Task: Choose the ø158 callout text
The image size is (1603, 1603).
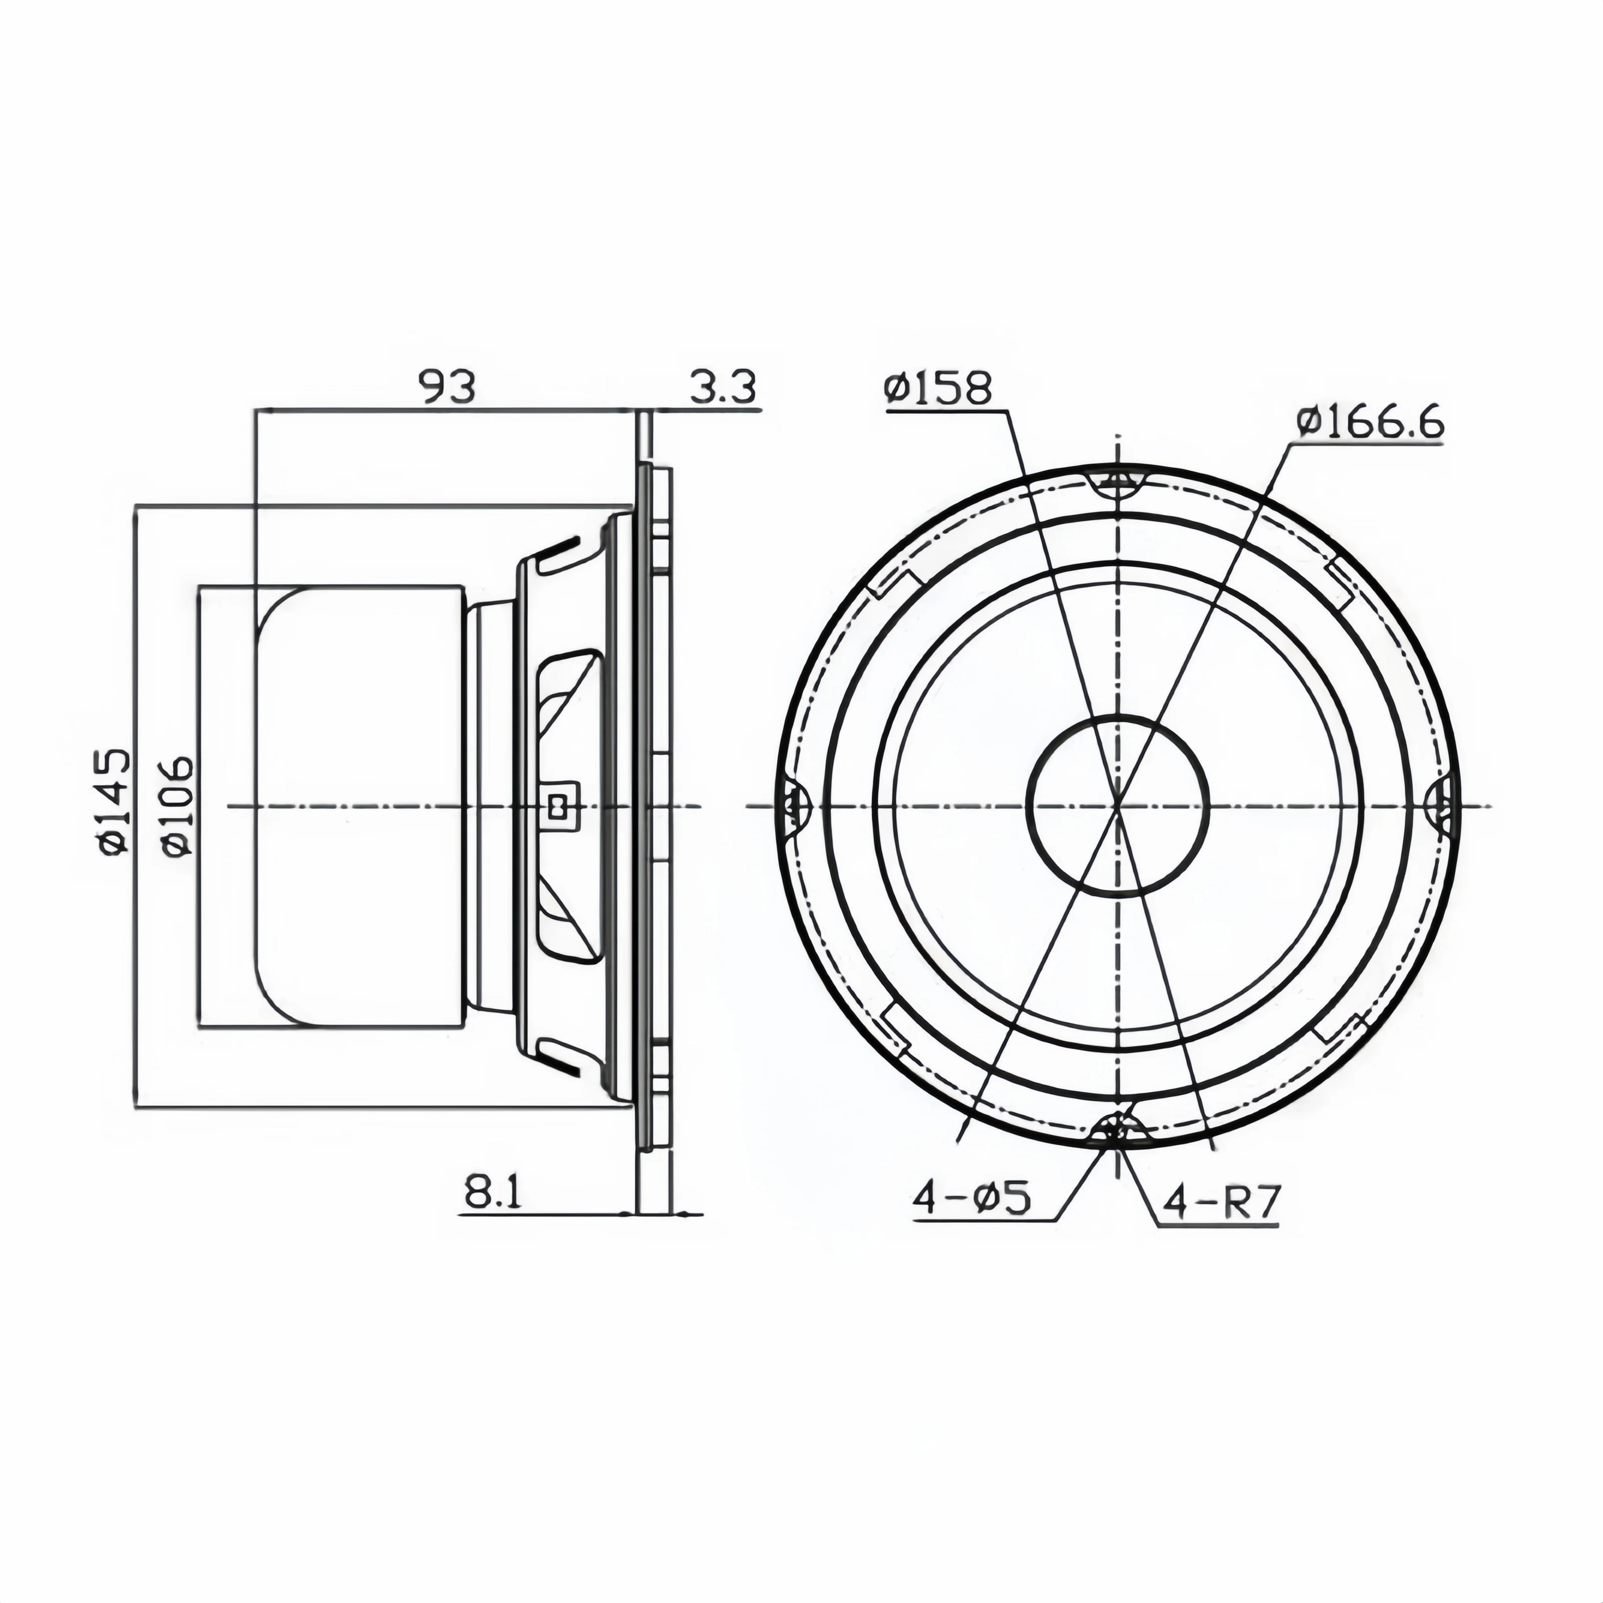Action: (938, 387)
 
